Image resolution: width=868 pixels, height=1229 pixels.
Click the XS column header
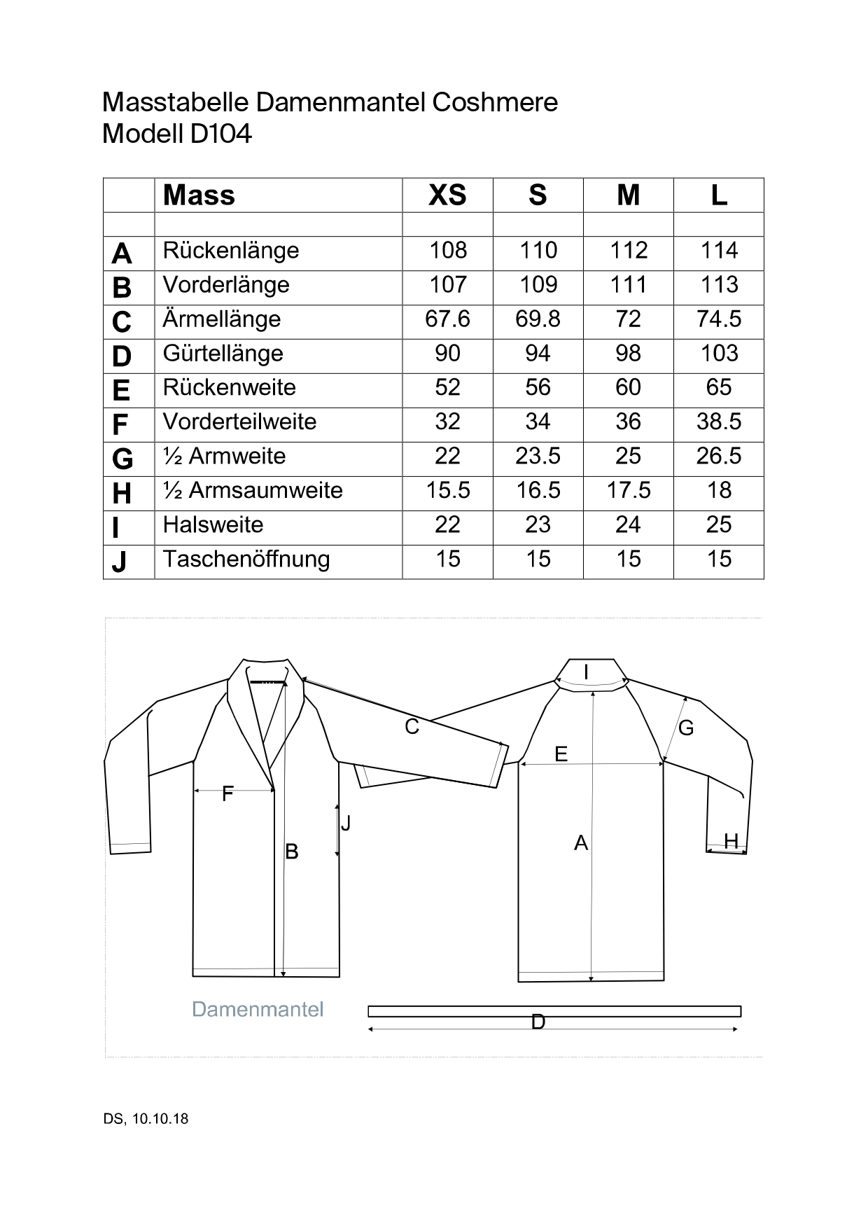coord(447,195)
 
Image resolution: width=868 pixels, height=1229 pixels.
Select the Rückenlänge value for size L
coord(719,251)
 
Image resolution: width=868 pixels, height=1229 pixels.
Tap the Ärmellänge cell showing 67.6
coord(447,319)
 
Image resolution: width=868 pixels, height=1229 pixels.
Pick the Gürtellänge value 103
coord(719,354)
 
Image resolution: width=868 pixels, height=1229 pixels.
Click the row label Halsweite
coord(213,525)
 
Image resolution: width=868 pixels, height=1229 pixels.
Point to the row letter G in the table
coord(122,459)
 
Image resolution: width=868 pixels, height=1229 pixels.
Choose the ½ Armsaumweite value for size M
coord(629,491)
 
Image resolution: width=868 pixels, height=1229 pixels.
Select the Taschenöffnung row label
coord(246,560)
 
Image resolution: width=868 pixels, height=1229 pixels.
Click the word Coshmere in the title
coord(495,103)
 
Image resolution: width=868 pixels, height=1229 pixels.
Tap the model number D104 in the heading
coord(220,134)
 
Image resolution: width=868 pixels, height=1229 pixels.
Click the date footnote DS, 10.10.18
coord(146,1119)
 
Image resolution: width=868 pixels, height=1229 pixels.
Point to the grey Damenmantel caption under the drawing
coord(258,1010)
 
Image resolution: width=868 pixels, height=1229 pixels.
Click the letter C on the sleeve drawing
coord(412,728)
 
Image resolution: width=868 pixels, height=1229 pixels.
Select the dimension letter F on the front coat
coord(227,794)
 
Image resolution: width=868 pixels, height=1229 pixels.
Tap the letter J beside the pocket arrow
coord(346,824)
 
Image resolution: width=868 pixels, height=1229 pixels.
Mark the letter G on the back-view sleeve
coord(686,728)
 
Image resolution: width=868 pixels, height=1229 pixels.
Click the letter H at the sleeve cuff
coord(731,841)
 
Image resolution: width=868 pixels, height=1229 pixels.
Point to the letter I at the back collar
coord(586,673)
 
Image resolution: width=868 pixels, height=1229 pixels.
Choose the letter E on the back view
coord(561,754)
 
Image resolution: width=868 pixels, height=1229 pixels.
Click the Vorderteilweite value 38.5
coord(719,422)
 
